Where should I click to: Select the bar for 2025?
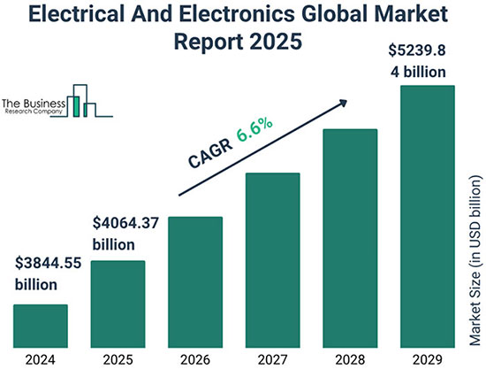click(118, 298)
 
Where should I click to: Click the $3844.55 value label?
click(48, 264)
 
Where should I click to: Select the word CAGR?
click(209, 154)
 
